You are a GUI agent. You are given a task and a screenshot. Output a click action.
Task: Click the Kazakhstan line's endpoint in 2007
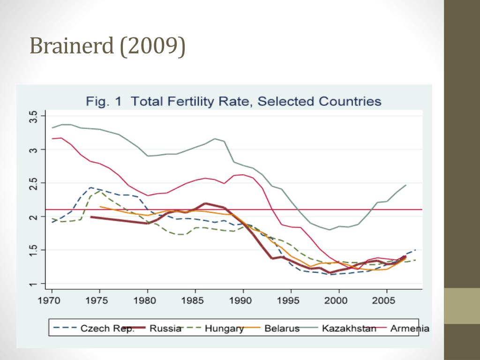click(406, 185)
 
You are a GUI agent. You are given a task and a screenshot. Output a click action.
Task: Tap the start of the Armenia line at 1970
click(52, 138)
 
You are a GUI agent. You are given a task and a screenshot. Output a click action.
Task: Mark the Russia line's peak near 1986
click(205, 203)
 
